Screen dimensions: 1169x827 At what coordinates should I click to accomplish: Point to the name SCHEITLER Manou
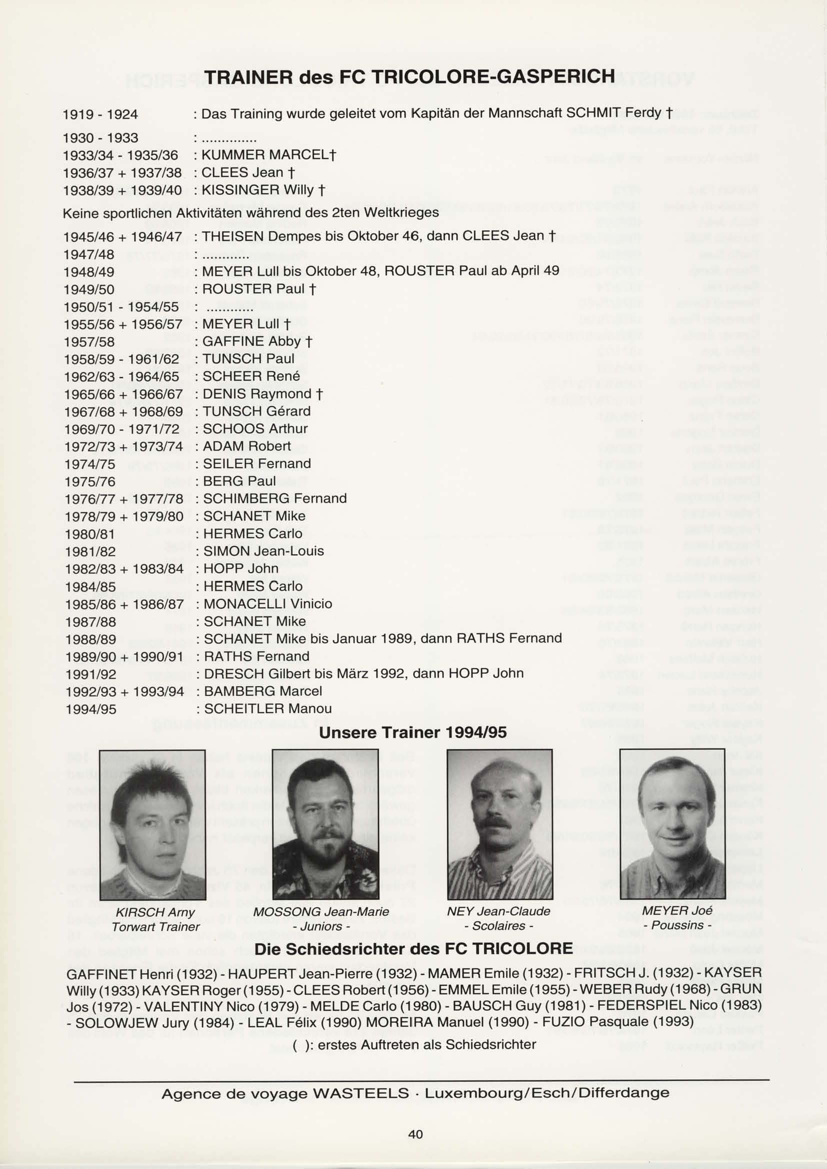tap(267, 709)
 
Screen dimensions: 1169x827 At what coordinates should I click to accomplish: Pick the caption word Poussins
tap(677, 925)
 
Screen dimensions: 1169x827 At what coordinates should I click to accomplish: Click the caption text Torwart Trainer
tap(156, 926)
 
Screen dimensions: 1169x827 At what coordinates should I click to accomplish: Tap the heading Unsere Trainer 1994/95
tap(412, 733)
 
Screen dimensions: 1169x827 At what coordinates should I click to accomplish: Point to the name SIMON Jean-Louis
tap(263, 551)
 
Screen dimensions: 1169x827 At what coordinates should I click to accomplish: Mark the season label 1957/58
tap(89, 342)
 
